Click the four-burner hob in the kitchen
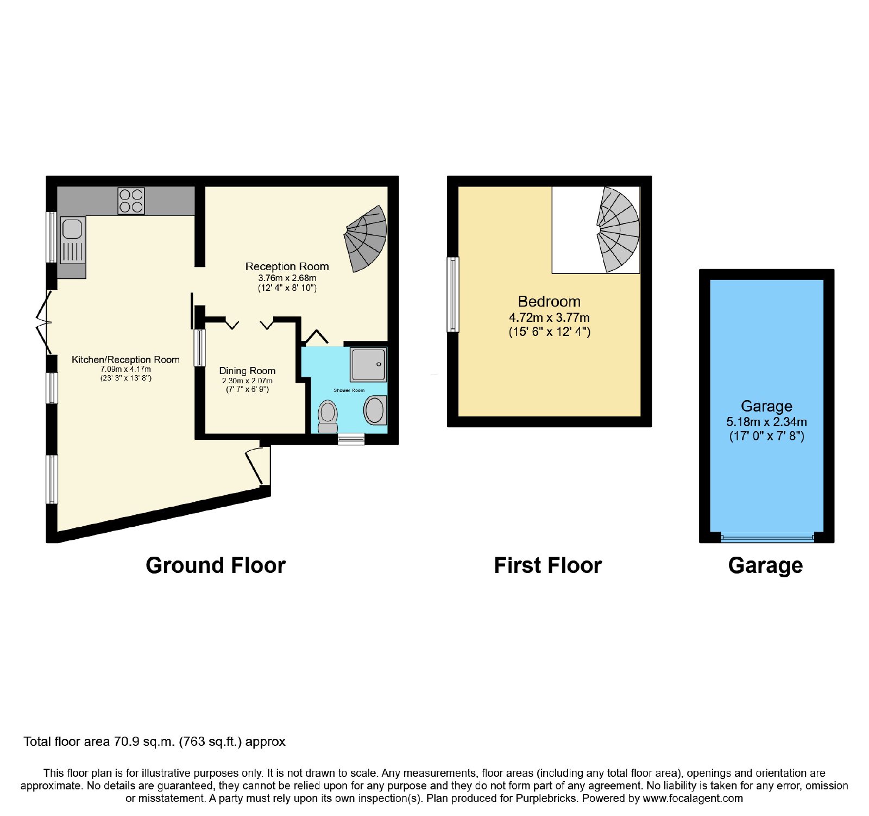[131, 201]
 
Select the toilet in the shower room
[328, 416]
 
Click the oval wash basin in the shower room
[375, 410]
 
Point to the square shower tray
[369, 364]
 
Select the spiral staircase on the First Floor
[618, 229]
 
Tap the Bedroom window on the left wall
[453, 294]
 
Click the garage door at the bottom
[767, 538]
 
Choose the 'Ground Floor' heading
[216, 565]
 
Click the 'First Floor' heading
[548, 565]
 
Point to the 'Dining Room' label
[247, 371]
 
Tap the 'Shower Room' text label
[349, 390]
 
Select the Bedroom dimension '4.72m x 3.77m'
[549, 317]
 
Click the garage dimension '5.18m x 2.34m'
[766, 422]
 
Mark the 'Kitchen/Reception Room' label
[125, 359]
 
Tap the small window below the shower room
[351, 439]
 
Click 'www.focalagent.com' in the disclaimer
[692, 799]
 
